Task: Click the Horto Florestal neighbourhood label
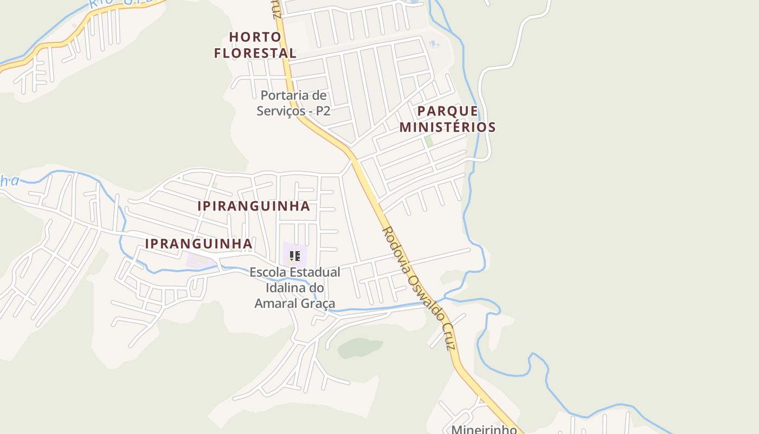click(255, 45)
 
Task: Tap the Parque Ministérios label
click(447, 119)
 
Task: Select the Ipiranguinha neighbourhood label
click(254, 206)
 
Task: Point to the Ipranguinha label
click(198, 244)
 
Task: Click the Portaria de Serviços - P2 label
click(294, 103)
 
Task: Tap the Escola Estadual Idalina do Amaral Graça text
click(295, 288)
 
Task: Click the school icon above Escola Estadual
click(294, 256)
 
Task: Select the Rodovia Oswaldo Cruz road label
click(417, 288)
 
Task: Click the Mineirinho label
click(484, 430)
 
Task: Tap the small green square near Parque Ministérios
click(429, 141)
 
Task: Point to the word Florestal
click(255, 53)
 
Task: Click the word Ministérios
click(447, 127)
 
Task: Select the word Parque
click(447, 111)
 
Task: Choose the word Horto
click(255, 37)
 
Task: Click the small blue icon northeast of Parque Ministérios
click(433, 43)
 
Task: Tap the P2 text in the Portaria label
click(323, 111)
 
